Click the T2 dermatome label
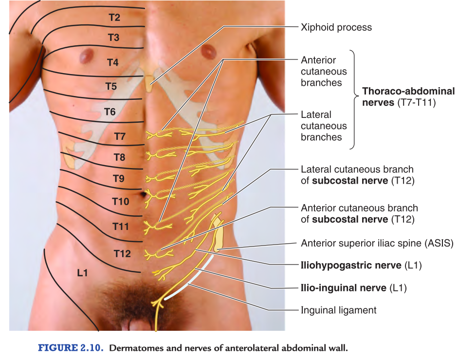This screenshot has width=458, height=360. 114,18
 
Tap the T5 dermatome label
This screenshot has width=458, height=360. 111,87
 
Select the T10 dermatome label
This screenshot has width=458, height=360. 120,201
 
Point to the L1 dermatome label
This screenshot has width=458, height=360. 82,273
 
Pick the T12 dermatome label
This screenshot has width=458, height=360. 122,253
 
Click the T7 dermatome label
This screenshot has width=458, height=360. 119,136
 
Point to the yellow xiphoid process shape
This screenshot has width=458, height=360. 149,83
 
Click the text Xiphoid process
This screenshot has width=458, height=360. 336,27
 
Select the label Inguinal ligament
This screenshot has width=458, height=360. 338,310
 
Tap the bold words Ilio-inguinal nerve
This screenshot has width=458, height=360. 344,288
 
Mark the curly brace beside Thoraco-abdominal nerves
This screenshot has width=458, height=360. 355,97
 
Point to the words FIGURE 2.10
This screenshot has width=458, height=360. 70,348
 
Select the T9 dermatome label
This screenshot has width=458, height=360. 119,179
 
